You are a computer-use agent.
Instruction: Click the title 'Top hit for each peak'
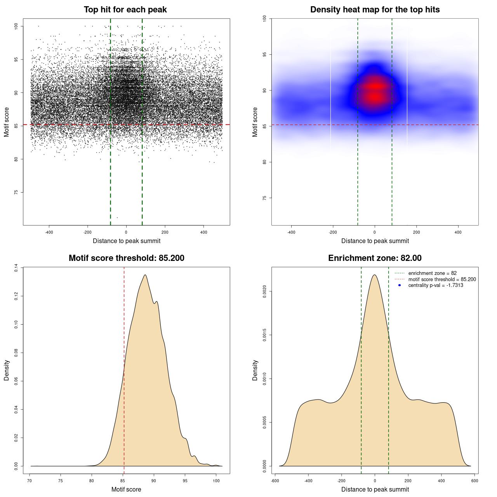point(125,10)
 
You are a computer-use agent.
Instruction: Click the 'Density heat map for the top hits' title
point(375,10)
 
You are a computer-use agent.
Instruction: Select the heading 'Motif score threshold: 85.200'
point(126,258)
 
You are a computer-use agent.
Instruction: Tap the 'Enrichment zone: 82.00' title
point(375,258)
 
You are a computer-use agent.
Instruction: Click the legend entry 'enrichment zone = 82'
point(432,273)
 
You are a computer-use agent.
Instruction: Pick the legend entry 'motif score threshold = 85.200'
point(442,279)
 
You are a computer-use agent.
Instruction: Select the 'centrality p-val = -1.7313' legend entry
point(435,285)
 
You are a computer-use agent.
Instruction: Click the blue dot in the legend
point(400,285)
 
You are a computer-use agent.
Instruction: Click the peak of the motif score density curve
point(145,275)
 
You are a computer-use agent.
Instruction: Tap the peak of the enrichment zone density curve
point(375,275)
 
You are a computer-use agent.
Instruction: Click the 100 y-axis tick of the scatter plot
point(16,26)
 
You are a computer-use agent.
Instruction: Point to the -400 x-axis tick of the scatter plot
point(49,232)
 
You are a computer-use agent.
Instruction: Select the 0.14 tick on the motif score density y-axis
point(16,268)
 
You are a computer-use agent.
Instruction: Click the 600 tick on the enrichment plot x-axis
point(474,481)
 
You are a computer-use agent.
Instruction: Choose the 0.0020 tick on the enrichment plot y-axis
point(265,291)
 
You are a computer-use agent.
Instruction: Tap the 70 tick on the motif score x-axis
point(30,481)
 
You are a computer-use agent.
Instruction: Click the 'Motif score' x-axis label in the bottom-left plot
point(126,489)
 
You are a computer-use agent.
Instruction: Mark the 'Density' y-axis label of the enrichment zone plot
point(255,370)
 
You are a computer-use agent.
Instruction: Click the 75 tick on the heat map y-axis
point(265,198)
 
